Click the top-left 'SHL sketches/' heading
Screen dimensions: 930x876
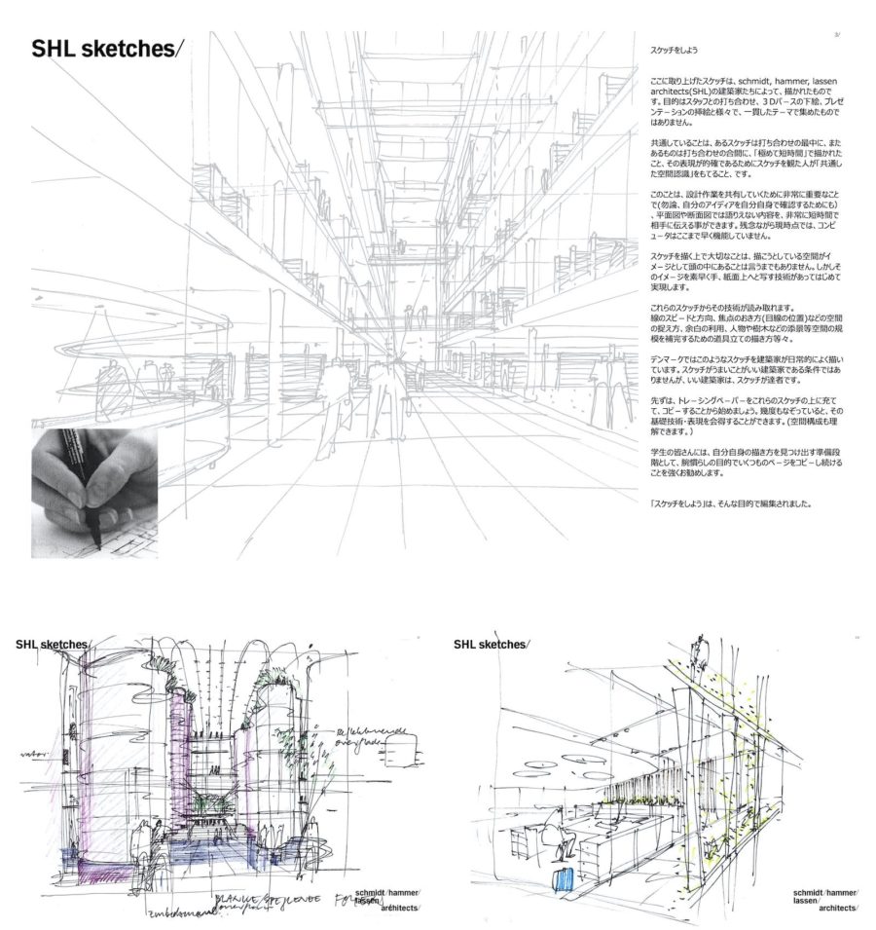[x=106, y=50]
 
